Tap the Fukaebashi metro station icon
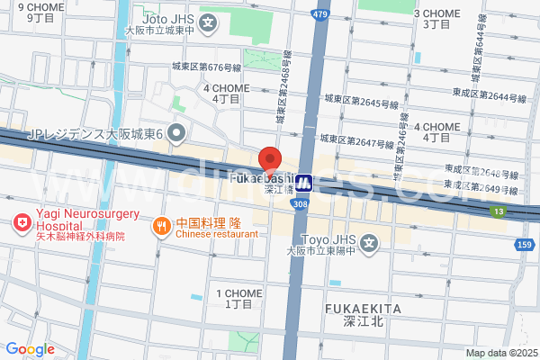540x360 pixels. [x=304, y=184]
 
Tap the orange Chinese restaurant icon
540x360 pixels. [x=161, y=225]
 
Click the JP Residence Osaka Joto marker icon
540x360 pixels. [x=176, y=134]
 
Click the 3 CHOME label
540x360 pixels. [x=436, y=19]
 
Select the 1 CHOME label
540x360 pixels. [x=239, y=299]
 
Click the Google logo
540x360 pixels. [x=30, y=349]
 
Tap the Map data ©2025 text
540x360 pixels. [x=499, y=353]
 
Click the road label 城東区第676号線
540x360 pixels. [x=207, y=67]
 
